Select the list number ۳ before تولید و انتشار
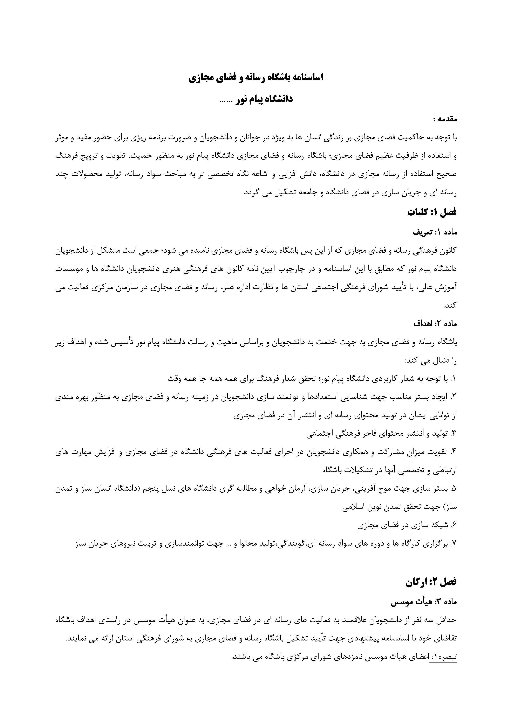[453, 434]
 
